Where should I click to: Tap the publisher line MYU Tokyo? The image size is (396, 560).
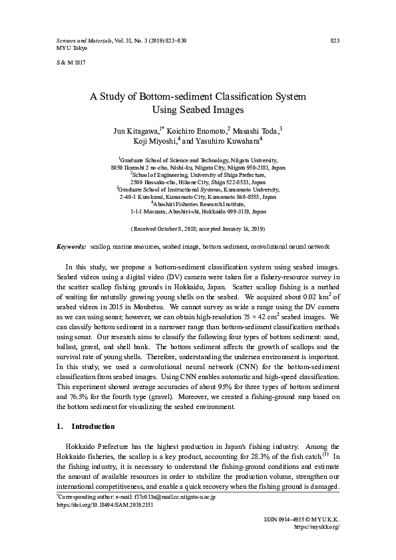[x=65, y=49]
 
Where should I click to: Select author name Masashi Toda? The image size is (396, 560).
[x=256, y=130]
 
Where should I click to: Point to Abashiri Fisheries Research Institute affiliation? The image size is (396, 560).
[x=199, y=204]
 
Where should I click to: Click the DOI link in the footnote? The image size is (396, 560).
[x=104, y=504]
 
